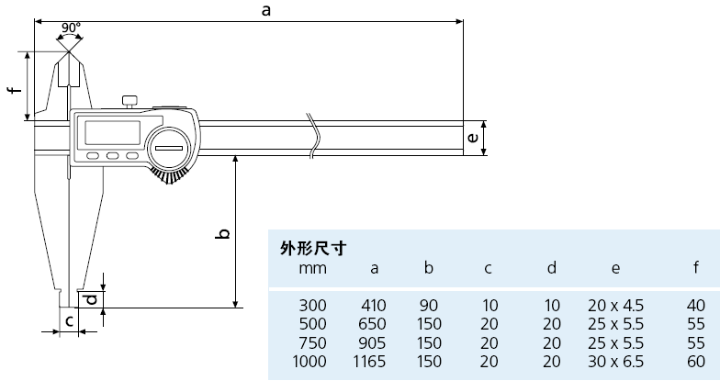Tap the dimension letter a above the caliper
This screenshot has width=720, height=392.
(x=266, y=10)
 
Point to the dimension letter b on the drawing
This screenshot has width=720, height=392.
(x=221, y=235)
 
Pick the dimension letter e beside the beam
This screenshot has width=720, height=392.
(x=472, y=138)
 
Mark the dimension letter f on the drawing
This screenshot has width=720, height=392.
(x=13, y=89)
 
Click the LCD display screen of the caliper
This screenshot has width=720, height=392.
(x=112, y=131)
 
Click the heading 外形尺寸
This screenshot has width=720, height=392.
(x=306, y=248)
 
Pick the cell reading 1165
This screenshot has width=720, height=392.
(x=370, y=361)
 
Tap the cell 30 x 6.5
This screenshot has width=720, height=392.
(x=615, y=361)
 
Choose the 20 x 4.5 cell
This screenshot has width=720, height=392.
(x=615, y=305)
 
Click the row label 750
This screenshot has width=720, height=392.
(x=312, y=342)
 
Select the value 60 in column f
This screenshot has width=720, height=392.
(x=694, y=361)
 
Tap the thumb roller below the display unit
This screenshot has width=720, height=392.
(x=172, y=175)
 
